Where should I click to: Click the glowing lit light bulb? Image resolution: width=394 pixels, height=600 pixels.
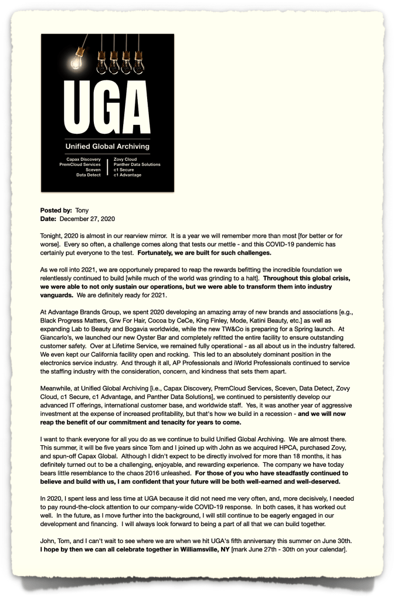[x=77, y=60]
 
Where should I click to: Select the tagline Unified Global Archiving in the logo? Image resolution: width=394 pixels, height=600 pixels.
[x=107, y=146]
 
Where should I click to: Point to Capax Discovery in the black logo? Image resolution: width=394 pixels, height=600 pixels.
[x=84, y=159]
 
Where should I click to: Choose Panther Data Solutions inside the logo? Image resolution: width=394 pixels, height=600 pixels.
[x=137, y=164]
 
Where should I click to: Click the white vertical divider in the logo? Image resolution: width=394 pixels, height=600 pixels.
[x=107, y=167]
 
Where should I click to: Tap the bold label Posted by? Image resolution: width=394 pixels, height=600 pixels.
[x=56, y=210]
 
